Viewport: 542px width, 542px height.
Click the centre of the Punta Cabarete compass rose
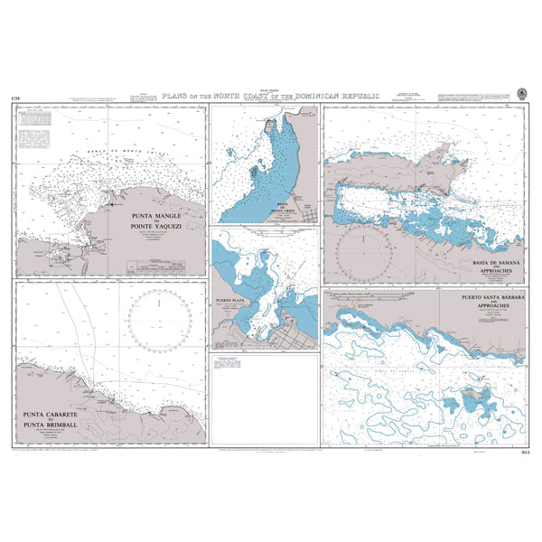[x=160, y=322]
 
